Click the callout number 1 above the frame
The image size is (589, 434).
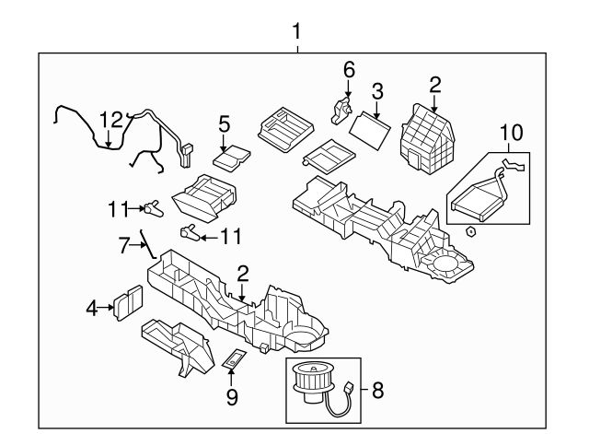coord(296,33)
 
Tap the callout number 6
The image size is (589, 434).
coord(349,70)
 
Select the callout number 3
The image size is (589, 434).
coord(376,90)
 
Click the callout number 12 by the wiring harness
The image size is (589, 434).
coord(110,119)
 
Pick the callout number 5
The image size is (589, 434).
coord(224,123)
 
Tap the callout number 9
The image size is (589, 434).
coord(232,396)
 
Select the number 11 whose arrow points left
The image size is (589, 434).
coord(229,236)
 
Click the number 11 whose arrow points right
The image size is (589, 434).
coord(114,210)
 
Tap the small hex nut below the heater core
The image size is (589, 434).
coord(470,230)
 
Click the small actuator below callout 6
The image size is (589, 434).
coord(341,111)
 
